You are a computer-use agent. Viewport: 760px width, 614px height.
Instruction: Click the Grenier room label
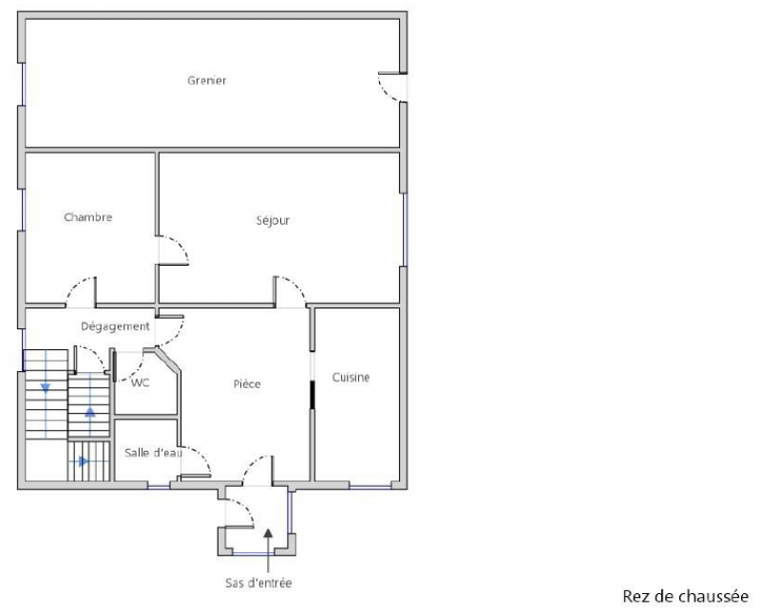click(x=207, y=81)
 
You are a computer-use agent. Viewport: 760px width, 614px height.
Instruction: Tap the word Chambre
click(x=88, y=217)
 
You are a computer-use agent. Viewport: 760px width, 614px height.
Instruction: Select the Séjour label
click(x=273, y=220)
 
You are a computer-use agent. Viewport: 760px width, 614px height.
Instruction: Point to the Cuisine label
click(x=351, y=377)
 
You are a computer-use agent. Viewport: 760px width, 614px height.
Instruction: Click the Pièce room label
click(x=247, y=384)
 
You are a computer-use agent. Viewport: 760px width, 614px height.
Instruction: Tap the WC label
click(x=141, y=383)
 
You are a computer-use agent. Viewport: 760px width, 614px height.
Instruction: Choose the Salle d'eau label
click(x=153, y=453)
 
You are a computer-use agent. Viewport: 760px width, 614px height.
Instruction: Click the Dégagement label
click(x=115, y=326)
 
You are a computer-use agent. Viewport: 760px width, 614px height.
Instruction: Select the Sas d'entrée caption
click(x=258, y=583)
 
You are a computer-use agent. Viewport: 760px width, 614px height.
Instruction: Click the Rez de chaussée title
click(x=685, y=596)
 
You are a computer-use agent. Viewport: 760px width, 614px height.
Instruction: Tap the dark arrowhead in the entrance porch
click(x=268, y=533)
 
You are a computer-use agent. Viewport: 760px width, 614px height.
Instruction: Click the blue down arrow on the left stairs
click(x=46, y=388)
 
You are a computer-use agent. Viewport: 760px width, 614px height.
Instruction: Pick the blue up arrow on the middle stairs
click(x=90, y=412)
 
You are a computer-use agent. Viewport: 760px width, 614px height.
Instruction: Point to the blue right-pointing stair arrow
click(x=84, y=461)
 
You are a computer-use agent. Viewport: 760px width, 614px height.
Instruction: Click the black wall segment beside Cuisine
click(x=313, y=395)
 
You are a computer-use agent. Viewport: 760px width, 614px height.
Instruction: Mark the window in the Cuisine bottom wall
click(x=370, y=486)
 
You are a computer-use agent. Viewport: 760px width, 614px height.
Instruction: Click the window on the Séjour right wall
click(x=406, y=230)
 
